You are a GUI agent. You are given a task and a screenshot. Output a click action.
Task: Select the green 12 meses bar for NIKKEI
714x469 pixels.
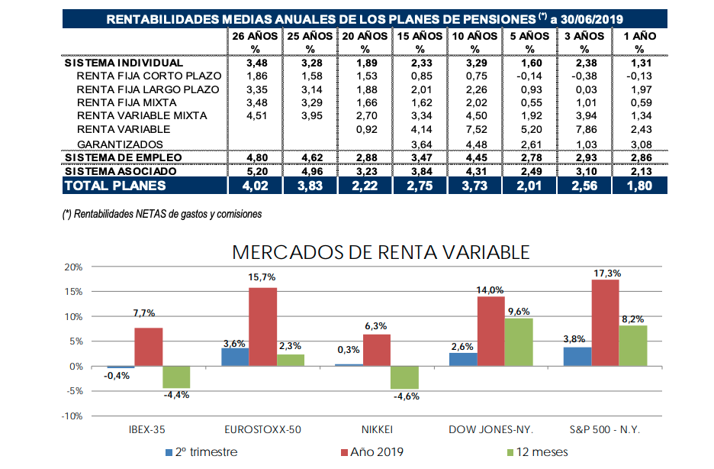click(x=405, y=377)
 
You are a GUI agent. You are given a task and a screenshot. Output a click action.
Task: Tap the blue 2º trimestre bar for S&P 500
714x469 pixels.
click(x=576, y=357)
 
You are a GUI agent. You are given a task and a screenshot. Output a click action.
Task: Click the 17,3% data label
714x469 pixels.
click(x=606, y=273)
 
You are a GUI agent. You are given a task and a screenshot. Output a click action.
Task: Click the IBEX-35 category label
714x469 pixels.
click(x=148, y=430)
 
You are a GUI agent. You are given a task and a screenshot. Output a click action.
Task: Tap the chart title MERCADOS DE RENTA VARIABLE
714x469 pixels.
click(x=381, y=251)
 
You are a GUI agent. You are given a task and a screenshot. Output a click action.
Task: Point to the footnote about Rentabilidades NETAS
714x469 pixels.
click(x=162, y=215)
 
